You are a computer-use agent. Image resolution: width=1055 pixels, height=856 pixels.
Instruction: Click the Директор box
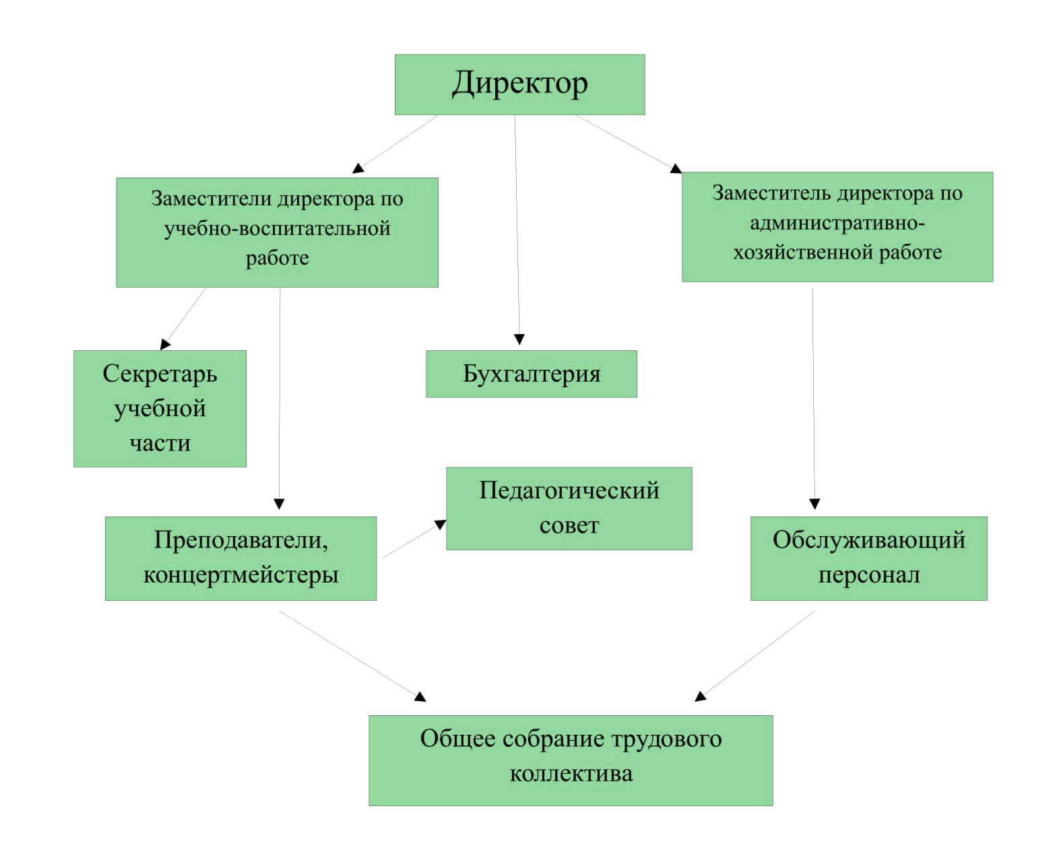point(519,85)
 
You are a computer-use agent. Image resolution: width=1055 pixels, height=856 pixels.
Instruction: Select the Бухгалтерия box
point(532,374)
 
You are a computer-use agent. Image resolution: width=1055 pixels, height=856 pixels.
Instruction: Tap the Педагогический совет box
point(569,508)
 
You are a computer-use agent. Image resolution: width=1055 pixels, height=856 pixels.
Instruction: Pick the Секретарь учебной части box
point(160,408)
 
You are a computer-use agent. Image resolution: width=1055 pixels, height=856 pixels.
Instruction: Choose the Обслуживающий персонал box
point(869,558)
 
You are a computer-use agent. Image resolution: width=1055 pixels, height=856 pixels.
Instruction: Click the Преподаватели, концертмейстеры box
point(241,558)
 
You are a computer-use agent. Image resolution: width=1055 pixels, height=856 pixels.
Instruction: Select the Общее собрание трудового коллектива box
point(571,760)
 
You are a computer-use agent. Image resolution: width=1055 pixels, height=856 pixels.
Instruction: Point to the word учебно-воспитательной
point(278,229)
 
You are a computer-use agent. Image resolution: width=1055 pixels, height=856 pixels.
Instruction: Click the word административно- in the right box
point(837,224)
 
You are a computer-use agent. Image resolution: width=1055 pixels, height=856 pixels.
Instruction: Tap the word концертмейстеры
point(241,575)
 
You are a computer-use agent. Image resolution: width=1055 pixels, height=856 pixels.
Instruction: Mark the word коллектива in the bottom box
point(571,774)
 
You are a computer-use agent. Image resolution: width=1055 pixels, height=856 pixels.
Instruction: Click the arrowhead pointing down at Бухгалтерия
point(519,339)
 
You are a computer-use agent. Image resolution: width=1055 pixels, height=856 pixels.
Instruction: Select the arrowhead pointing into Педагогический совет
point(441,524)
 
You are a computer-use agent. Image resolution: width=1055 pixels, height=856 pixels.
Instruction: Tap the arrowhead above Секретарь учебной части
point(165,344)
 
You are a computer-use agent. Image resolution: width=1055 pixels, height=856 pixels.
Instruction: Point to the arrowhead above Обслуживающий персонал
point(814,504)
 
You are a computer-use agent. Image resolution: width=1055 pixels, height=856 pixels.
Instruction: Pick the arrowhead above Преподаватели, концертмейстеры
point(280,504)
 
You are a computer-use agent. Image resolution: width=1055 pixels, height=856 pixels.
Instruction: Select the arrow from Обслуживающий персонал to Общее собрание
point(755,656)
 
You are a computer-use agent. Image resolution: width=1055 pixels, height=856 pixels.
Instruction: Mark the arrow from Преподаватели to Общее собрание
point(352,656)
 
